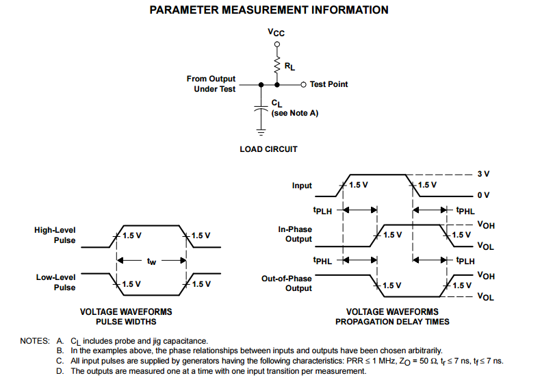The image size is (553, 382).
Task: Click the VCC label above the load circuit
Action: [x=276, y=32]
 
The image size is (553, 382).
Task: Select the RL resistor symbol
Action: [x=277, y=64]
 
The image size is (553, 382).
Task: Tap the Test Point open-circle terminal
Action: [x=303, y=85]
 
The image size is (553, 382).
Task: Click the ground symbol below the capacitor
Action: [x=261, y=133]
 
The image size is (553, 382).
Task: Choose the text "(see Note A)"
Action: [x=295, y=113]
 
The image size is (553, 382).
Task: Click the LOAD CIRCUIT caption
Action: [x=269, y=149]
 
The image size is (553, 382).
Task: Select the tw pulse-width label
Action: [x=151, y=261]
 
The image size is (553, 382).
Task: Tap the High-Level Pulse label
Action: [x=55, y=235]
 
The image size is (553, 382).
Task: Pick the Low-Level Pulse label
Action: [x=55, y=282]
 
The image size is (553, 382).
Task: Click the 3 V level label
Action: [x=483, y=174]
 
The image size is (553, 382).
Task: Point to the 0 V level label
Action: [x=483, y=195]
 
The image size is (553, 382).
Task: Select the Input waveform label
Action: [x=302, y=186]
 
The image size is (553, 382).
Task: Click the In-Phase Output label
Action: [x=295, y=234]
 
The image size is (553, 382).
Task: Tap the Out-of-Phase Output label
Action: [x=287, y=283]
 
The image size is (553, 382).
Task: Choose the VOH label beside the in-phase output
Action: [x=486, y=225]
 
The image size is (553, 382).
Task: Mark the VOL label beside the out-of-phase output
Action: [x=486, y=296]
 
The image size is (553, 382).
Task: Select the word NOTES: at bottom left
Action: [x=35, y=341]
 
